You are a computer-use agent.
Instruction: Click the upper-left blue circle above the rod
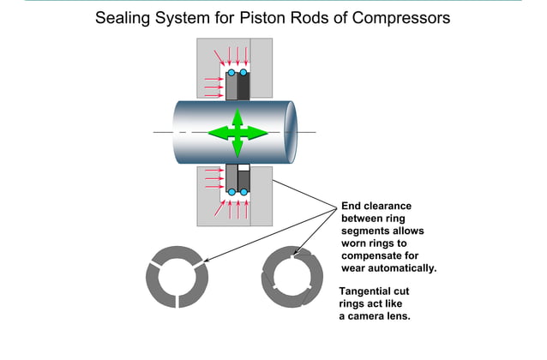coord(231,73)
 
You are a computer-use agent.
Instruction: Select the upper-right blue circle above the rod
coord(243,73)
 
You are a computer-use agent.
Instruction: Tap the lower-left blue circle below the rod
coord(231,192)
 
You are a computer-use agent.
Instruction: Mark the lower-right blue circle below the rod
coord(243,192)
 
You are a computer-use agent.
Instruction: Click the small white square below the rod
coord(243,167)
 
